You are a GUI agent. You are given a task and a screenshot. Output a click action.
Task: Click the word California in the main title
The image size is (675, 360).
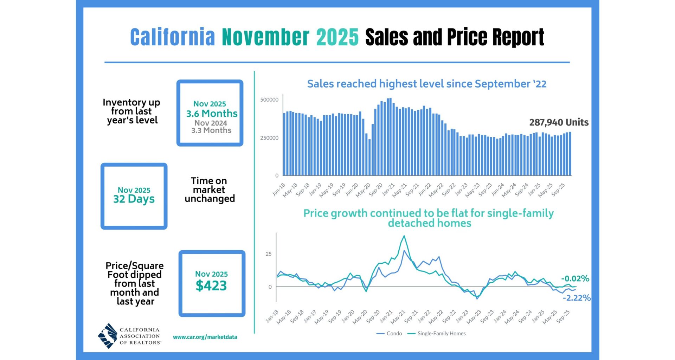coord(172,37)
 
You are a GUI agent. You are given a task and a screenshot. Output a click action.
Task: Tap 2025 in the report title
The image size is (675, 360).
coord(337,37)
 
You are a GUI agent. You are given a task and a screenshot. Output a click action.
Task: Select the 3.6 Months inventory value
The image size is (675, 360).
coord(212,114)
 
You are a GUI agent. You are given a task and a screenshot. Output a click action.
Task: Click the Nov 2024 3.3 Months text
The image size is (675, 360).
coord(211,127)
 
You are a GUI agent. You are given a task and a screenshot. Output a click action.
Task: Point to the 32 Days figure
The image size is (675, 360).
coord(134,199)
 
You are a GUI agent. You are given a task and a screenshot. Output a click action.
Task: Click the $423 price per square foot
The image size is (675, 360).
coord(211,285)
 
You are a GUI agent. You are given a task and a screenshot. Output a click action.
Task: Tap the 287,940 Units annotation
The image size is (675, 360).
coord(559,122)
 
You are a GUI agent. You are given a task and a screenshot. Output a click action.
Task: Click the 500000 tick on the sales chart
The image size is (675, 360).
coord(269,100)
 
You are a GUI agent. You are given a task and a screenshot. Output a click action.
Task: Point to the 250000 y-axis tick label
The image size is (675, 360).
coord(269,138)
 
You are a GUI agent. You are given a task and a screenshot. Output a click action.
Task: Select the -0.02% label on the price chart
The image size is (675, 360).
coord(575,278)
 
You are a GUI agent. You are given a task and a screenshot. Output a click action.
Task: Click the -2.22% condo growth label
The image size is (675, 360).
coord(577,298)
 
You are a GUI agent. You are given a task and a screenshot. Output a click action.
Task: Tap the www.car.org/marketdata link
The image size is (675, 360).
coord(205,337)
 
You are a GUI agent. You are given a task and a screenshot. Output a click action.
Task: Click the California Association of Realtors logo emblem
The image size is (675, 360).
coord(108,336)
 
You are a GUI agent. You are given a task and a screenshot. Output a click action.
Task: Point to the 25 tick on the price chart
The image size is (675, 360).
coord(269,254)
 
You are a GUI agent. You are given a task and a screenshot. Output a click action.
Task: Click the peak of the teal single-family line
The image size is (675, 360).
coord(404,236)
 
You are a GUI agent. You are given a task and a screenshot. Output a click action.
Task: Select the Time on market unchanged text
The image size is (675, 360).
coord(210,190)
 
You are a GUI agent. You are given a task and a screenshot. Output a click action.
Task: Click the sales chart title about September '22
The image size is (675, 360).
coord(426,84)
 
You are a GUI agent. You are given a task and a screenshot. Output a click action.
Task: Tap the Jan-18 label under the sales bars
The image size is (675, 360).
coord(279,189)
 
